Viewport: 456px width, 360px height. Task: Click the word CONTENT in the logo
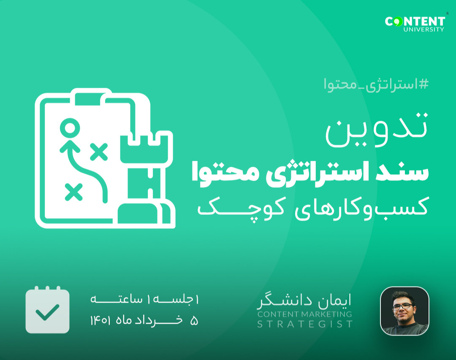[x=415, y=21]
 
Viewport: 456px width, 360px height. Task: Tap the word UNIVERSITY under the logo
[x=423, y=30]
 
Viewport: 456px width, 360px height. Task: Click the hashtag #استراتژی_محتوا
[x=376, y=84]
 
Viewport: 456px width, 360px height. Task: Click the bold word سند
[x=409, y=173]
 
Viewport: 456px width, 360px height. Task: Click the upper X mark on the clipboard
[x=99, y=152]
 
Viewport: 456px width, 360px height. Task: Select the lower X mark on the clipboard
[x=73, y=192]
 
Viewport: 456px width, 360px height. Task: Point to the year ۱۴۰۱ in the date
[x=100, y=321]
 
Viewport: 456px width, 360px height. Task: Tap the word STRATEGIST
[x=305, y=324]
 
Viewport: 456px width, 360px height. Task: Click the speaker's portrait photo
[x=404, y=311]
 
